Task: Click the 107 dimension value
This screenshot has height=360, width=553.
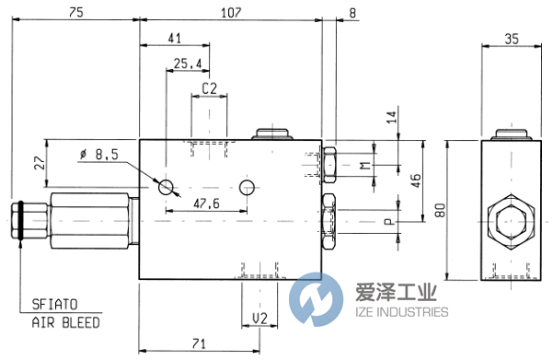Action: [230, 12]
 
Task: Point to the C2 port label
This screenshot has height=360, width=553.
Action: [209, 89]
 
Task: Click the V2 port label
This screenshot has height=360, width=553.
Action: [259, 319]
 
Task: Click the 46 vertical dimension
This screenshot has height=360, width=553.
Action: [413, 180]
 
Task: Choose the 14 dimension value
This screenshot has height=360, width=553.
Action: [390, 118]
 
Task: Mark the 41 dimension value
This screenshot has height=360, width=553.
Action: [175, 39]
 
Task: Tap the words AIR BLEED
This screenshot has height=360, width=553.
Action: [65, 323]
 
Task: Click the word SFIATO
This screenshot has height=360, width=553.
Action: [58, 308]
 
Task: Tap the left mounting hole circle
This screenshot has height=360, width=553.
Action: [167, 187]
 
